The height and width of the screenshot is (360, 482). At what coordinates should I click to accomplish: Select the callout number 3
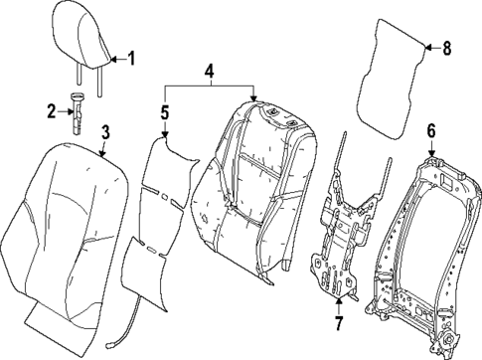(x=106, y=131)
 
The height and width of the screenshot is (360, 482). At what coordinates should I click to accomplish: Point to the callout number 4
(x=209, y=72)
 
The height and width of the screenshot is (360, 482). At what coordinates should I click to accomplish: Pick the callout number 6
(x=430, y=130)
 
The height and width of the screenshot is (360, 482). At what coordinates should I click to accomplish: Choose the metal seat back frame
(x=417, y=239)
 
